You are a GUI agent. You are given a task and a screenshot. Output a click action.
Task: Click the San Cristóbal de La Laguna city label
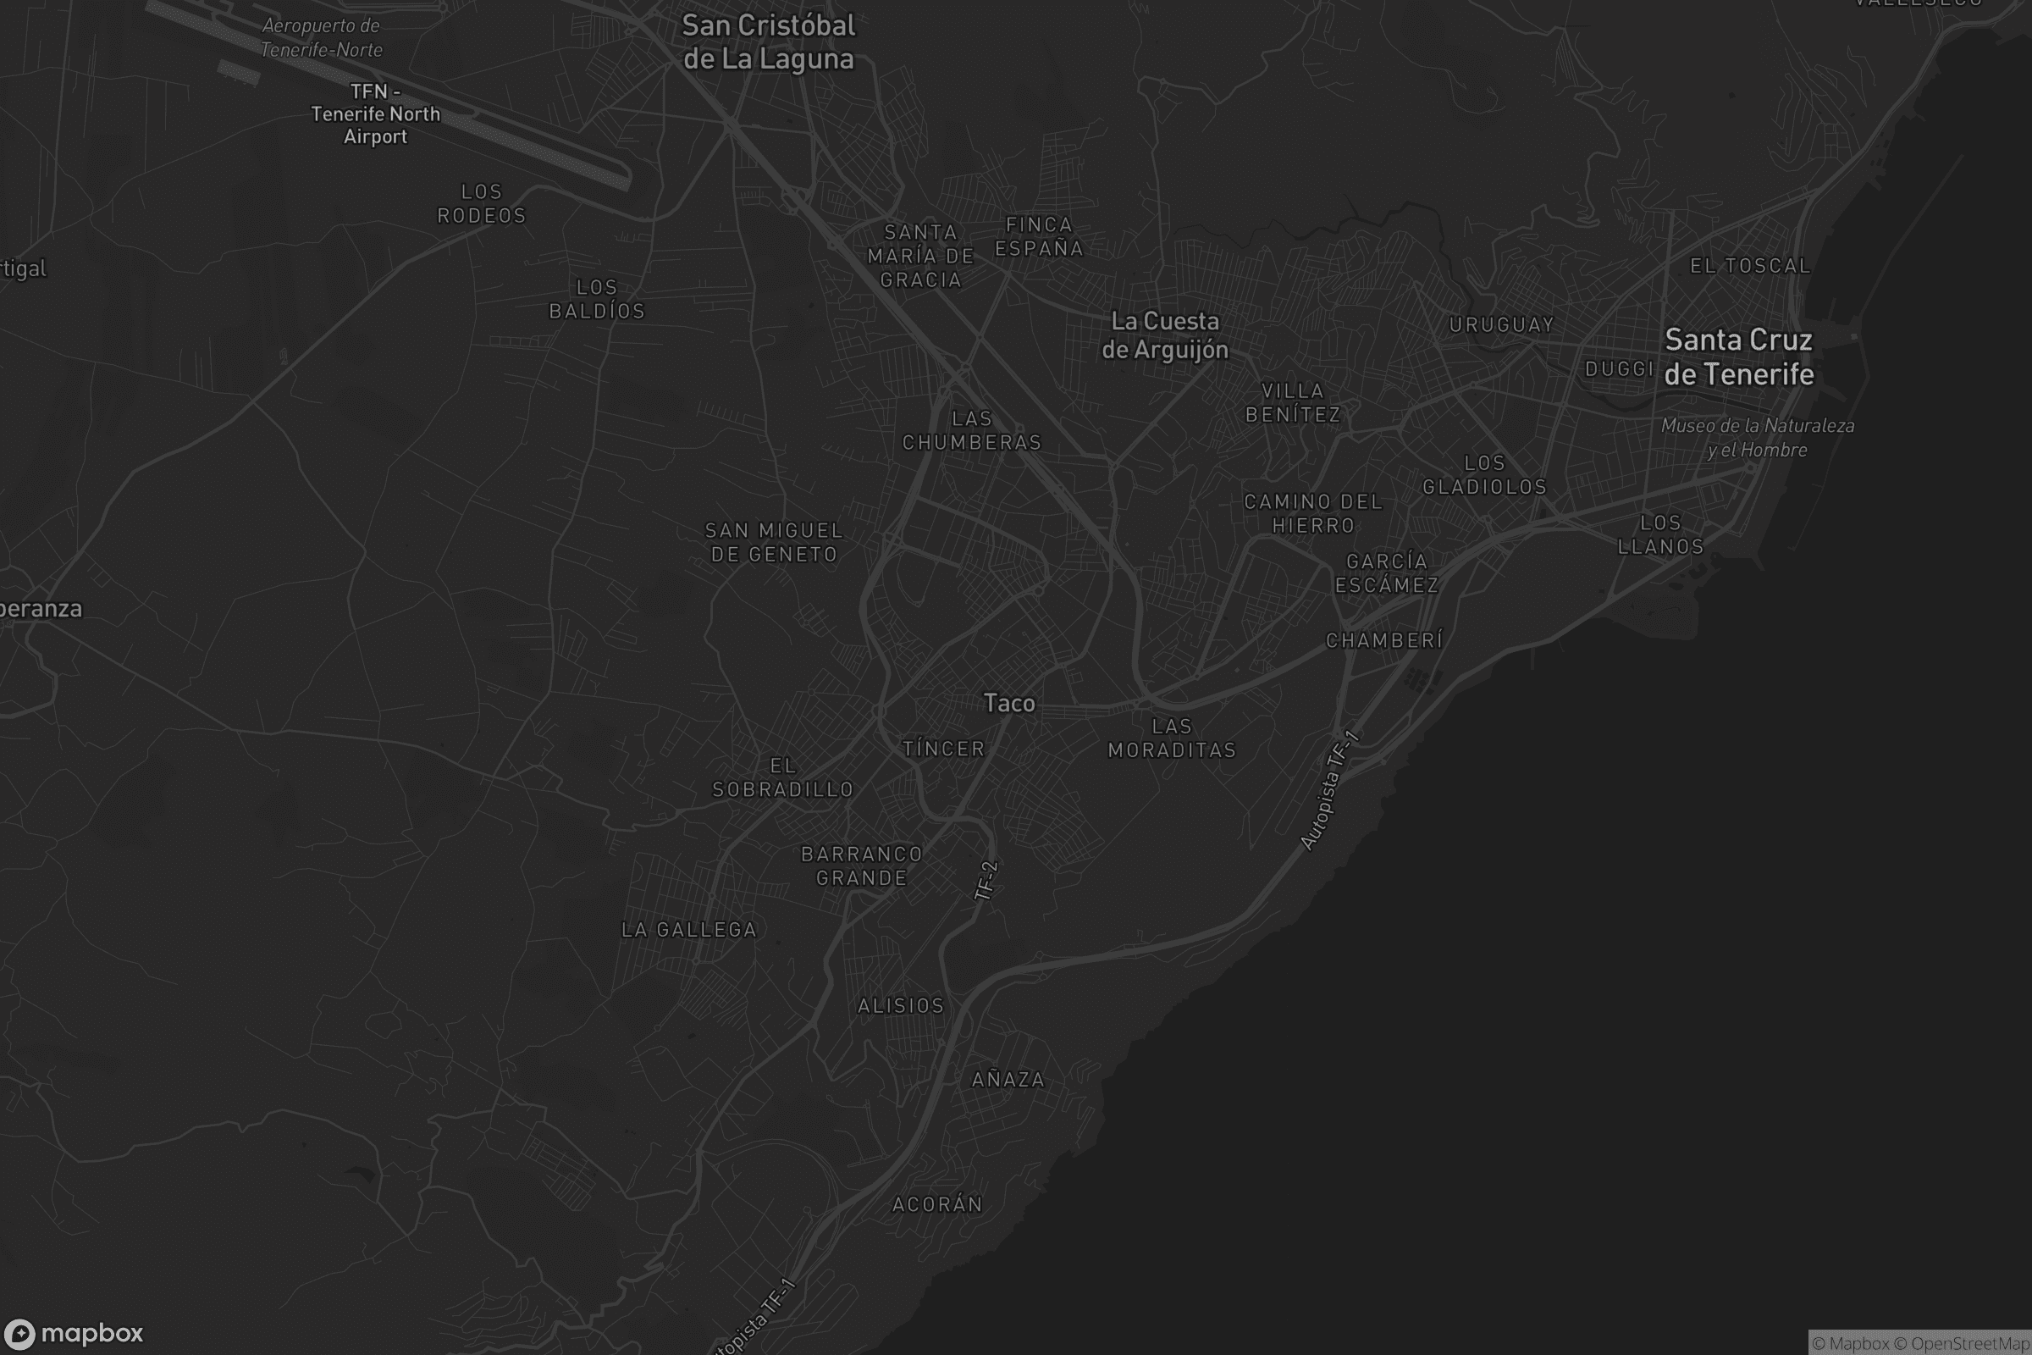(x=768, y=42)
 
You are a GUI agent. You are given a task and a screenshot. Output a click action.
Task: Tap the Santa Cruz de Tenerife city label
(x=1738, y=357)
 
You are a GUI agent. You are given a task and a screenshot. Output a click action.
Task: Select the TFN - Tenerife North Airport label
(x=375, y=114)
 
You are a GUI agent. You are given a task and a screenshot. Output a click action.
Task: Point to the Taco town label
(x=1009, y=704)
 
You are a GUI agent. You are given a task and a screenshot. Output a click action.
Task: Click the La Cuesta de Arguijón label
(x=1165, y=335)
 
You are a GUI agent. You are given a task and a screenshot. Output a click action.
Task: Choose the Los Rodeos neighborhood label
(x=481, y=204)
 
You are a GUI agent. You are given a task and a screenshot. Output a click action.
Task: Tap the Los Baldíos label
(x=597, y=299)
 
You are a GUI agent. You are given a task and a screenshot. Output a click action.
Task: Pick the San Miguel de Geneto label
(x=774, y=543)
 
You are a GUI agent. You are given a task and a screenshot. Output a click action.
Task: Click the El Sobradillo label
(x=782, y=777)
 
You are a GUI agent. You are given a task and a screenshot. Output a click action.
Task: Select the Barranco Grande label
(x=861, y=866)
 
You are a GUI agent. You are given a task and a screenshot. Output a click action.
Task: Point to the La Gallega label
(x=689, y=930)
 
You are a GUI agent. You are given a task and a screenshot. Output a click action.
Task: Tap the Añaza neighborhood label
(x=1008, y=1079)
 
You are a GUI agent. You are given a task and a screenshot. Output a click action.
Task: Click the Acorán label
(x=937, y=1204)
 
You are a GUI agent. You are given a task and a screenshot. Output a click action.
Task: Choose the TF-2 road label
(x=986, y=881)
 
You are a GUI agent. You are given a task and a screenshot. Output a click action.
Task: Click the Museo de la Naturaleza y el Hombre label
(x=1758, y=437)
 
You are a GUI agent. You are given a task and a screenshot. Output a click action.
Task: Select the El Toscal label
(x=1749, y=266)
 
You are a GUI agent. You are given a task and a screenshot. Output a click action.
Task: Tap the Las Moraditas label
(x=1172, y=738)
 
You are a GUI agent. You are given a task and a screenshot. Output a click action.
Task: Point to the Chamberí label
(x=1384, y=640)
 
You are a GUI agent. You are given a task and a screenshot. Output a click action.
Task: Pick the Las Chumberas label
(x=972, y=430)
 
